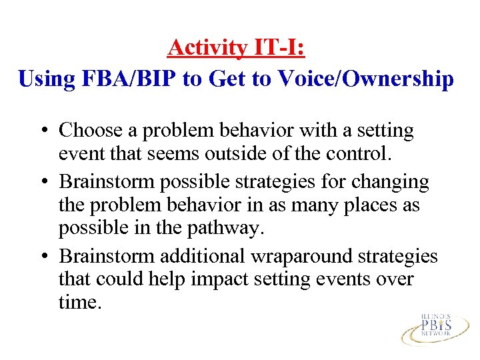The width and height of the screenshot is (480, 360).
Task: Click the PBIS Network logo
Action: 435,327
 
